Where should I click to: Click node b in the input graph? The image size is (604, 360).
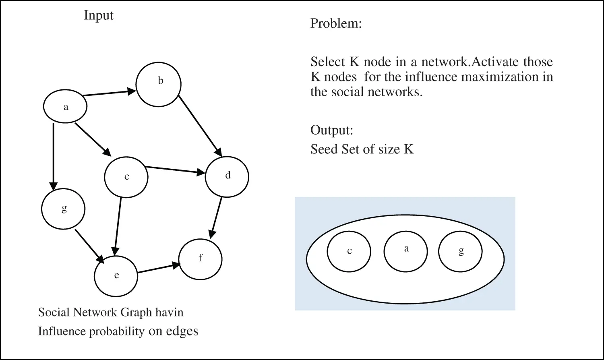click(159, 84)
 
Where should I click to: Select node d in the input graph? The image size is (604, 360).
click(227, 176)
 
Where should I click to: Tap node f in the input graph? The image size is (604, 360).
click(200, 259)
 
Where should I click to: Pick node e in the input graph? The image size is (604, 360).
click(116, 275)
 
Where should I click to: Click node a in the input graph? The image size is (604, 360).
click(65, 107)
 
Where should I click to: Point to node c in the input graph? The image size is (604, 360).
click(126, 177)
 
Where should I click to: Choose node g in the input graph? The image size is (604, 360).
click(63, 209)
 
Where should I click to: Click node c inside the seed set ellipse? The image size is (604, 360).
click(349, 252)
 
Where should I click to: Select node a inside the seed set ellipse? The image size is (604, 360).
click(405, 250)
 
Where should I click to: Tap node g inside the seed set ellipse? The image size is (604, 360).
click(460, 252)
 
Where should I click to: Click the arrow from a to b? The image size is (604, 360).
click(109, 93)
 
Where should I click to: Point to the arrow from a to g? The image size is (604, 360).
click(53, 155)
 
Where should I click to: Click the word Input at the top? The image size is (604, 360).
click(99, 15)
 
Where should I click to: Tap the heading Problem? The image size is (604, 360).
click(336, 23)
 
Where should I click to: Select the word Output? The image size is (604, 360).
click(332, 130)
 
